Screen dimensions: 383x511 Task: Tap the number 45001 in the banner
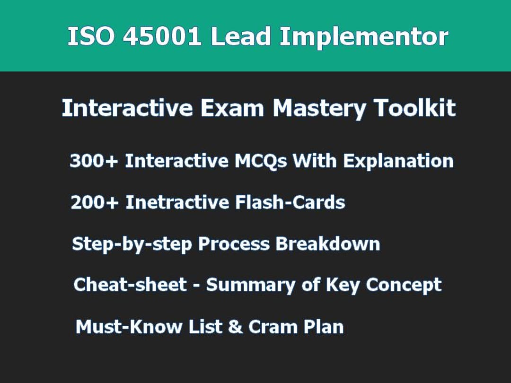[162, 36]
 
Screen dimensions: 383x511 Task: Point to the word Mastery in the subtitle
[319, 109]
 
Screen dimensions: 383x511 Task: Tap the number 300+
[94, 161]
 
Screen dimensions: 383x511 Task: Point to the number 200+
[94, 203]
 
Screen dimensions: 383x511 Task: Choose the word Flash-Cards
[290, 203]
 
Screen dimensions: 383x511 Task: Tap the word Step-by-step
[132, 244]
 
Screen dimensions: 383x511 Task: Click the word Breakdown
[327, 244]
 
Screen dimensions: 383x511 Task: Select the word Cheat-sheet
[130, 285]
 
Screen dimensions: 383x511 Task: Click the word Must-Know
[129, 327]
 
